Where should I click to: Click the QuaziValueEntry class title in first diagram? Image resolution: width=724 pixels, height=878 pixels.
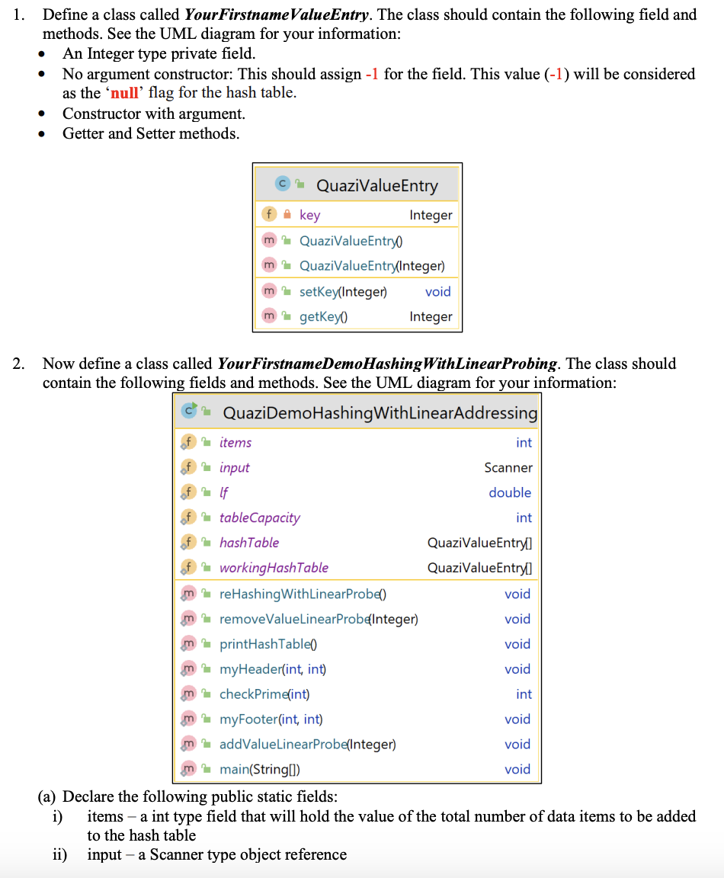tap(376, 185)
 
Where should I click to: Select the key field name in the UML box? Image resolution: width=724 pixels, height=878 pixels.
tap(309, 215)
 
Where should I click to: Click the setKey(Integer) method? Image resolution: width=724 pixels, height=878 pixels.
tap(343, 291)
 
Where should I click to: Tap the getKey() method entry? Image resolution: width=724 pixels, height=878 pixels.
tap(323, 316)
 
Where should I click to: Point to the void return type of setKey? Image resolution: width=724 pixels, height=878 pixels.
tap(437, 291)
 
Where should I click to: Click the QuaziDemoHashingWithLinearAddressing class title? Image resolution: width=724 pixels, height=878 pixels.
tap(380, 413)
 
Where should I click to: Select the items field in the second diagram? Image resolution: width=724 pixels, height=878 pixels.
tap(235, 442)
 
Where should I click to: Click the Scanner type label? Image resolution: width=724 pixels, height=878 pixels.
tap(508, 467)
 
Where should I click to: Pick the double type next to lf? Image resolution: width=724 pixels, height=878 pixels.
tap(510, 492)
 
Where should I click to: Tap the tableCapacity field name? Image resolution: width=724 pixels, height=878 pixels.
tap(259, 518)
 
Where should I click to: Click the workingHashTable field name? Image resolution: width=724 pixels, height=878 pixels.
tap(274, 568)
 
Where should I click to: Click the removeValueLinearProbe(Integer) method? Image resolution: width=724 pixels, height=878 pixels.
tap(318, 619)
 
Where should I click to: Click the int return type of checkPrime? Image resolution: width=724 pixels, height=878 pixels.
tap(524, 694)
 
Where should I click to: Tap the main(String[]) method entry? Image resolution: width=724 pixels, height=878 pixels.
tap(259, 769)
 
